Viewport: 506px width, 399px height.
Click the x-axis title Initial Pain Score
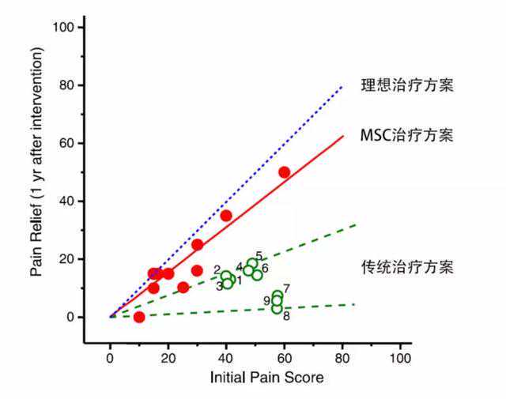[x=266, y=378]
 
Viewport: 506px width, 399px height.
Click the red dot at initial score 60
[x=284, y=172]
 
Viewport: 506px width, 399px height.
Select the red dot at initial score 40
[x=226, y=216]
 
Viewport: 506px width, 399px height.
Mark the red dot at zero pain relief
[x=139, y=317]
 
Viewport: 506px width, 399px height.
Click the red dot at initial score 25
[x=183, y=288]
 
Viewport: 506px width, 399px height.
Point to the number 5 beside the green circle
[x=259, y=256]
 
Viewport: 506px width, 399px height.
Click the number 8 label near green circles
[x=285, y=316]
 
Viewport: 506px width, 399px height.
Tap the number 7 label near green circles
[x=286, y=288]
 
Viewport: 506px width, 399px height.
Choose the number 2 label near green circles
[x=217, y=270]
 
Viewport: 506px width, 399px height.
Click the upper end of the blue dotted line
[x=342, y=86]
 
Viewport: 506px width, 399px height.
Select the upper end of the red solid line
[x=342, y=136]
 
